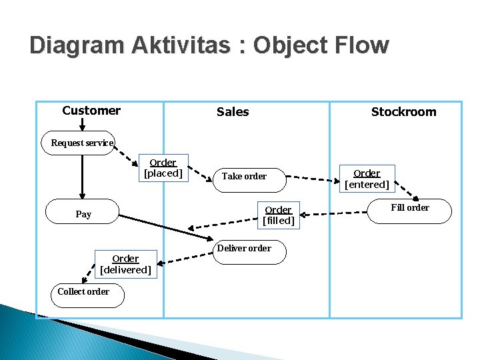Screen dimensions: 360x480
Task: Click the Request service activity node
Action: (x=79, y=143)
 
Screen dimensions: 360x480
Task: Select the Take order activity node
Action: (x=244, y=177)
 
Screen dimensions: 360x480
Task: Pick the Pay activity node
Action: (x=83, y=214)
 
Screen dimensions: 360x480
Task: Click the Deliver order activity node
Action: (x=244, y=249)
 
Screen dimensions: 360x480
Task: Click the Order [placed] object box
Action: (x=163, y=168)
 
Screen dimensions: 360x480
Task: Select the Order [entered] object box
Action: (x=367, y=179)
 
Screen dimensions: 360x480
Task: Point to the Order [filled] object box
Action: (x=278, y=215)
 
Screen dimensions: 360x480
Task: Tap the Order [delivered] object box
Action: (x=125, y=264)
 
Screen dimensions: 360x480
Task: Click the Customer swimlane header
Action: (x=91, y=111)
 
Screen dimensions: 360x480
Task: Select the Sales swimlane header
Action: (x=233, y=112)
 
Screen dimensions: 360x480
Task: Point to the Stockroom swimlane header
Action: (x=403, y=112)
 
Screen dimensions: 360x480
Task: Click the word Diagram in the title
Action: (x=76, y=45)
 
